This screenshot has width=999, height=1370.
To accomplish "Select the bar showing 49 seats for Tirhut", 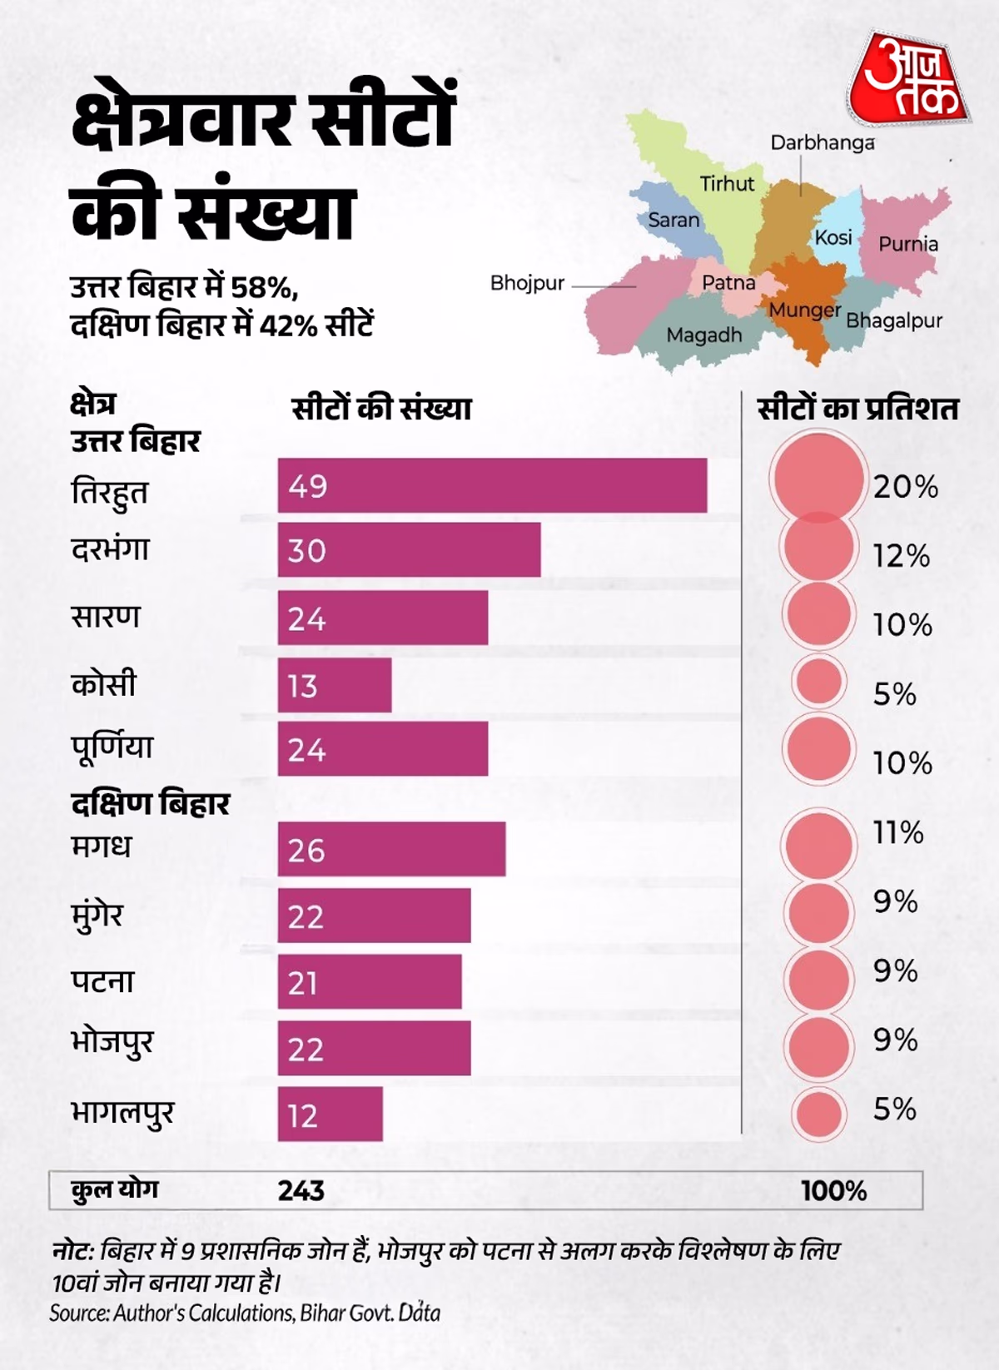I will click(492, 485).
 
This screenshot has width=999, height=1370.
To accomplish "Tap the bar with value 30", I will click(409, 549).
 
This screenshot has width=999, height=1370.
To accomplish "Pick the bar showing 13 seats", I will click(334, 685).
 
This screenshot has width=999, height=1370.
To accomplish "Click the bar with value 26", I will click(391, 849).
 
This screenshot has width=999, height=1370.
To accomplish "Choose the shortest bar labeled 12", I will click(330, 1114).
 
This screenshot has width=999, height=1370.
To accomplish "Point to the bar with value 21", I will click(369, 982).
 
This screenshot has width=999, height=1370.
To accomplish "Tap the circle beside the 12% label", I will click(819, 547).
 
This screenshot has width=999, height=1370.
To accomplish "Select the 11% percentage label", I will click(897, 832).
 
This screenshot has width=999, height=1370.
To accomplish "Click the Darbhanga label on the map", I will click(822, 142).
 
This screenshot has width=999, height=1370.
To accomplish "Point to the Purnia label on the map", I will click(908, 244).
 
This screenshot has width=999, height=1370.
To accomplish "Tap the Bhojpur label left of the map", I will click(527, 283).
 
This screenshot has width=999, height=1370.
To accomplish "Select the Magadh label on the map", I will click(703, 335).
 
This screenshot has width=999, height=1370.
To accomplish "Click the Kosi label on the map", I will click(833, 237).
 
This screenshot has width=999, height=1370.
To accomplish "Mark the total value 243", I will click(301, 1190).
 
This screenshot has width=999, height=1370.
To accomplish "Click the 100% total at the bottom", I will click(833, 1191).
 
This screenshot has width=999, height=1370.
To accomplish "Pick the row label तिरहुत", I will click(109, 491).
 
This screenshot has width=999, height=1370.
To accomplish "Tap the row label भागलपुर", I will click(122, 1113).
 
